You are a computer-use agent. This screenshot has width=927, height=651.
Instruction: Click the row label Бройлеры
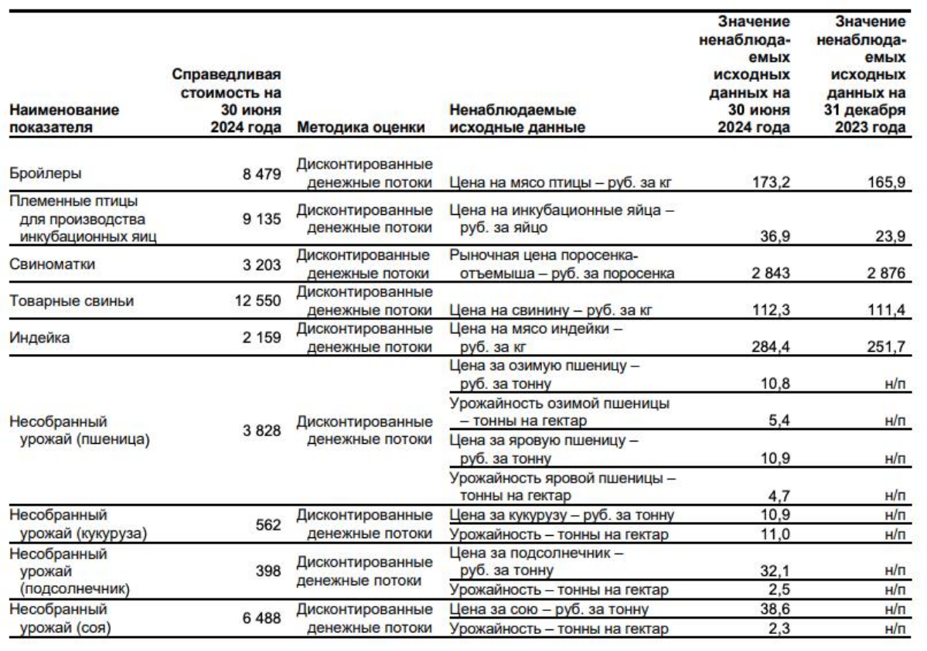(45, 174)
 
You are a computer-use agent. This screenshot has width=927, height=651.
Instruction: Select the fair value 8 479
(261, 174)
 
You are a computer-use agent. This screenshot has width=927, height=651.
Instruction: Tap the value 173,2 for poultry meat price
(771, 183)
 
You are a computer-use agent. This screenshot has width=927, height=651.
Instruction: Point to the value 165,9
(885, 183)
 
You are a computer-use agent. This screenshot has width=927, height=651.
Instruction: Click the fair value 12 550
(257, 301)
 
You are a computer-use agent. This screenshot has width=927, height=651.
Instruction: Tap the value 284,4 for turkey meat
(771, 347)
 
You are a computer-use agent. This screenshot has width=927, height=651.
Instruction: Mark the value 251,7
(885, 347)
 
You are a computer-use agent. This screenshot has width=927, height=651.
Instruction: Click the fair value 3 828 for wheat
(261, 431)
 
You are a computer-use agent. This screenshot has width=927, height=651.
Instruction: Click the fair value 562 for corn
(268, 524)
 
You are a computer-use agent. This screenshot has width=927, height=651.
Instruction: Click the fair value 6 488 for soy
(261, 619)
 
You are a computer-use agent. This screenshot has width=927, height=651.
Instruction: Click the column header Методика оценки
(360, 128)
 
